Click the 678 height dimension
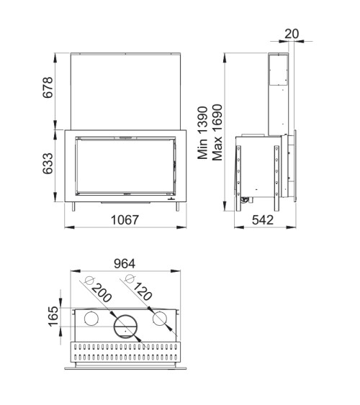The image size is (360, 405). click(48, 87)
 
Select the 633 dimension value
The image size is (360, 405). click(48, 164)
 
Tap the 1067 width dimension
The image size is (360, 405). click(125, 220)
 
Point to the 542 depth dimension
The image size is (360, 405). click(263, 220)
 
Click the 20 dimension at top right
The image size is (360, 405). click(292, 34)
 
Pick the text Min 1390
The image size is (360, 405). click(203, 133)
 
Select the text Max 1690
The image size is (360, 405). click(217, 132)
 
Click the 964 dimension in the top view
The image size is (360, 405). click(125, 264)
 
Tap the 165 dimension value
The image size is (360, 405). click(53, 317)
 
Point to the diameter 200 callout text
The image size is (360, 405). click(102, 293)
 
